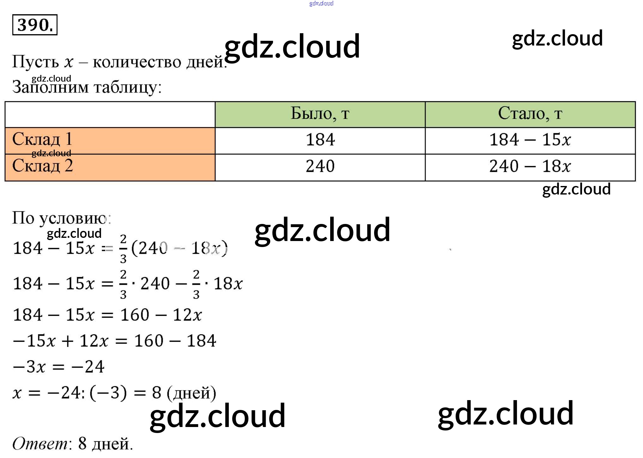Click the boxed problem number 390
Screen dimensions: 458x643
(x=35, y=25)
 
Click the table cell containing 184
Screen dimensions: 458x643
(x=320, y=140)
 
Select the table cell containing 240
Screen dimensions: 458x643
(x=320, y=166)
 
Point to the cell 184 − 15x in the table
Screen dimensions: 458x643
(x=530, y=140)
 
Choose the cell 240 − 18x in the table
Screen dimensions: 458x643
(x=530, y=166)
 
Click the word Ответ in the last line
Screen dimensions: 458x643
(x=39, y=443)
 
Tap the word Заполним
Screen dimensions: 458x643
(x=51, y=87)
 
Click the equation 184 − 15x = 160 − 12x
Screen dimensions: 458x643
(x=107, y=315)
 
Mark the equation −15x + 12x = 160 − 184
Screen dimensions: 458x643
(x=114, y=341)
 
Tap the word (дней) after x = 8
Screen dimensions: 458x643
(x=191, y=393)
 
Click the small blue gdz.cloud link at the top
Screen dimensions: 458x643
(x=321, y=3)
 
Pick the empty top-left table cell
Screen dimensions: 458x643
(x=110, y=114)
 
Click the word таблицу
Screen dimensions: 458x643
(x=128, y=87)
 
